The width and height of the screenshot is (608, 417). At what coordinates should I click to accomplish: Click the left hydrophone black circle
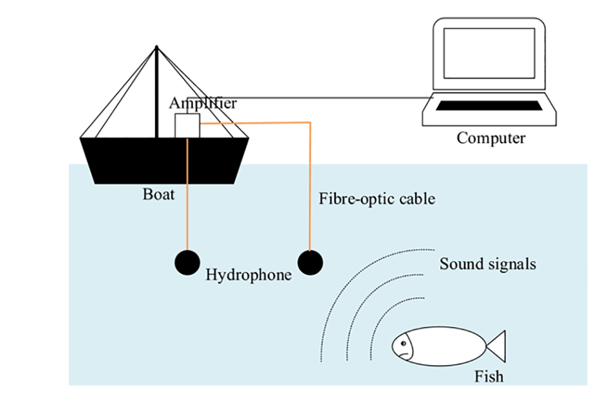point(187,262)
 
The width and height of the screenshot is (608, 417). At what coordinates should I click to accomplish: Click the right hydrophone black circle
point(310,262)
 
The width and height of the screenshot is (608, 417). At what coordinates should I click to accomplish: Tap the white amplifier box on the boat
point(187,125)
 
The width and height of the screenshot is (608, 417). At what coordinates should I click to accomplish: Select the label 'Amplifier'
point(203,103)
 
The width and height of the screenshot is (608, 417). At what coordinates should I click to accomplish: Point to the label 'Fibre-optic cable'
point(377,198)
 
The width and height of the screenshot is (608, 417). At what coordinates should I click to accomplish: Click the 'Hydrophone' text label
point(248,275)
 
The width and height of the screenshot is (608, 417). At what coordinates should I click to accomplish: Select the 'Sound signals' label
point(488,264)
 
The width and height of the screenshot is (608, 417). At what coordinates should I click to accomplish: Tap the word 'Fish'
point(489,376)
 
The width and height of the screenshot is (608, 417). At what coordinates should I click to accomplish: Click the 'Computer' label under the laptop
point(491,138)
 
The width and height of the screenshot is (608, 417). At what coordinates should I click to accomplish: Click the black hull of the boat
point(165,162)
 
